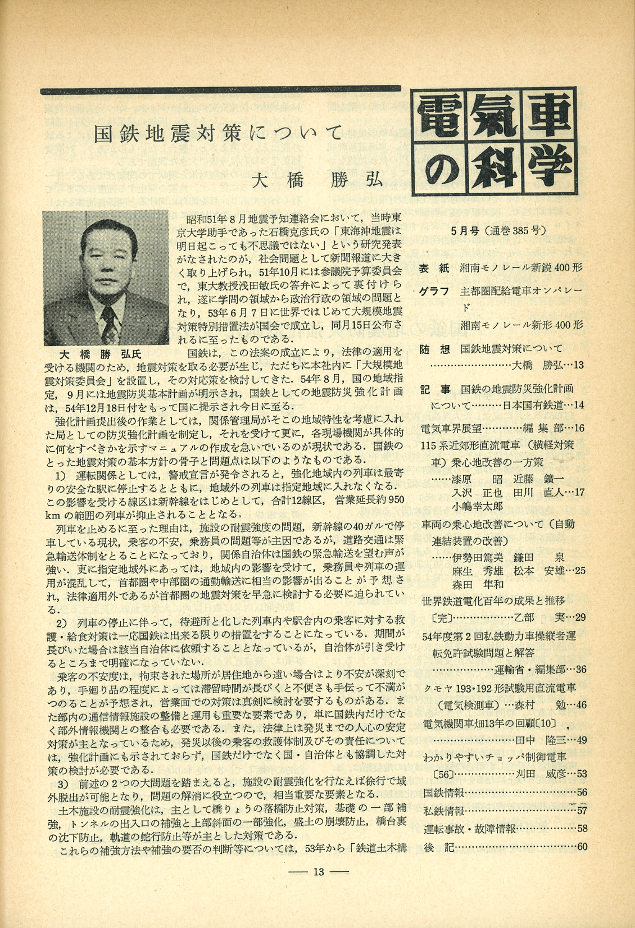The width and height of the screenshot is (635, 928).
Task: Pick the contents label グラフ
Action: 434,292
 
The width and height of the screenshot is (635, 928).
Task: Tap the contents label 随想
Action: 434,349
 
